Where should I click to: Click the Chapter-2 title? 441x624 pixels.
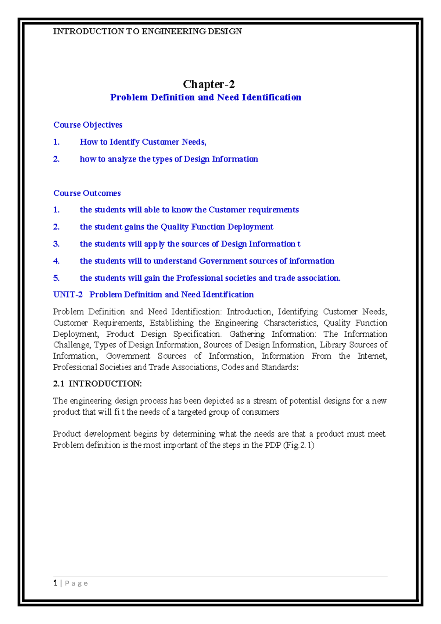coord(209,84)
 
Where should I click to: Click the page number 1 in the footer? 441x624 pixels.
coord(55,583)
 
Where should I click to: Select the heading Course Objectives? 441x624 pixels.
coord(88,125)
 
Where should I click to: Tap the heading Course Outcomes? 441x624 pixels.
coord(87,193)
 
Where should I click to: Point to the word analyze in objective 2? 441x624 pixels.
coord(122,159)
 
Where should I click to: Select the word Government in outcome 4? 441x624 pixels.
coord(223,261)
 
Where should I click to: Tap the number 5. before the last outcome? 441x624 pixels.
coord(56,278)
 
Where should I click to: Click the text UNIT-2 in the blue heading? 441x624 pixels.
coord(68,295)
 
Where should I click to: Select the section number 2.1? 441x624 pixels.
coord(58,384)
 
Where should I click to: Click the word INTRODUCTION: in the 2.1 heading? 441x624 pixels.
coord(105,384)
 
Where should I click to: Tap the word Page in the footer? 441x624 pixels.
coord(76,584)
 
